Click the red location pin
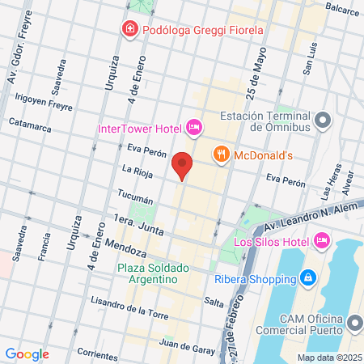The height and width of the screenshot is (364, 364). coord(184,164)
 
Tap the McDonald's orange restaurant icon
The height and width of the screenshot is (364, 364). coord(220,154)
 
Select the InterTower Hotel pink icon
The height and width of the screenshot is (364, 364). coord(193,127)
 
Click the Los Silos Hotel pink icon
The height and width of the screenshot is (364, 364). coord(322,239)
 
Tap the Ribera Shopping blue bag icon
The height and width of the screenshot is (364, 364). coord(308,279)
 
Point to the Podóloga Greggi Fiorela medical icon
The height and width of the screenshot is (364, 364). coord(129,30)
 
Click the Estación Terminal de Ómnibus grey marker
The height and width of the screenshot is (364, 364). coord(324,121)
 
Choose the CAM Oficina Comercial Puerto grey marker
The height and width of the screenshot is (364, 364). coord(353,324)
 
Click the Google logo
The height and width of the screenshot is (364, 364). coord(27,353)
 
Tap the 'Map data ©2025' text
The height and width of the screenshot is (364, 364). coord(328,357)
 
